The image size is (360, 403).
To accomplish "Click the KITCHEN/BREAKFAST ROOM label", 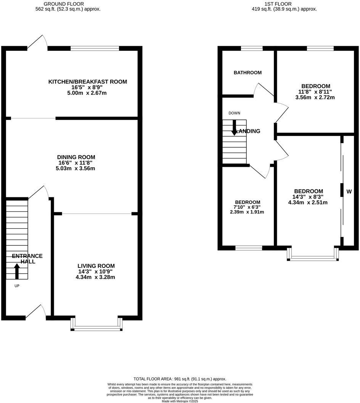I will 87,82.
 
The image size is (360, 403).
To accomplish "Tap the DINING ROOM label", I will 76,157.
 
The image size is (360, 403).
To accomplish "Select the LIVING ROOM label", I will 96,266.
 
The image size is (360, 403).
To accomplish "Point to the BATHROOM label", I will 247,73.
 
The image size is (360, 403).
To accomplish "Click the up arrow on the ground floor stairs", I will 17,271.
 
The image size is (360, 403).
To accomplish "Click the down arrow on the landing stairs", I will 234,127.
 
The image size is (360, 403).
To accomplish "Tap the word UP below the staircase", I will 17,286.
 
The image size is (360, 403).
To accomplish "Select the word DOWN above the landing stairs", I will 234,113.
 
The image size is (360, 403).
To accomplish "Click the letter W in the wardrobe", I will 348,191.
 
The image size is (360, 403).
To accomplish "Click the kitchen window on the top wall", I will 95,48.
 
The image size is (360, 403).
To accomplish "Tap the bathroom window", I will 252,48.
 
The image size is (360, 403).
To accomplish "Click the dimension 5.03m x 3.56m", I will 76,168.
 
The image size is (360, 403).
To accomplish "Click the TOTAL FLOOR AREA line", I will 180,379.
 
